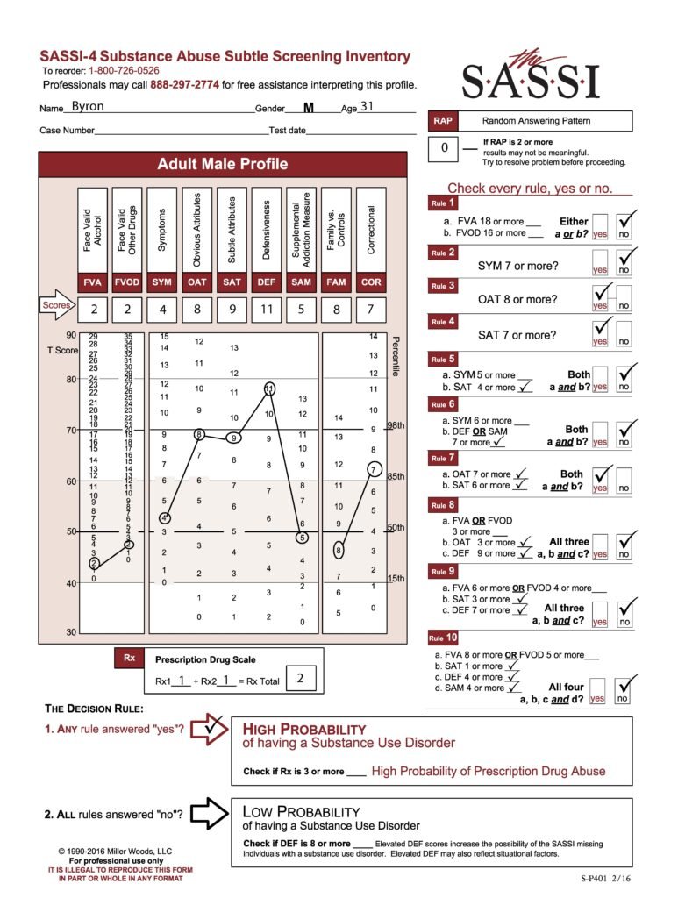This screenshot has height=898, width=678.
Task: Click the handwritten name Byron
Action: pyautogui.click(x=87, y=107)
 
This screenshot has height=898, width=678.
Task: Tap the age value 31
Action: pyautogui.click(x=367, y=107)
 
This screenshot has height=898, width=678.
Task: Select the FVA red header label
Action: pyautogui.click(x=93, y=282)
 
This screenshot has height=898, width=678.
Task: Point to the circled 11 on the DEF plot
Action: pyautogui.click(x=269, y=388)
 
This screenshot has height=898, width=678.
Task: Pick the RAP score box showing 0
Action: pyautogui.click(x=444, y=148)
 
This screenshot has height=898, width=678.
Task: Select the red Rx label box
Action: pyautogui.click(x=128, y=659)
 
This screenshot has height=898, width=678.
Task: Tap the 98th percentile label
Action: pyautogui.click(x=395, y=425)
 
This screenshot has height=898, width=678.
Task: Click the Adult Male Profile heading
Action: pyautogui.click(x=222, y=164)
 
